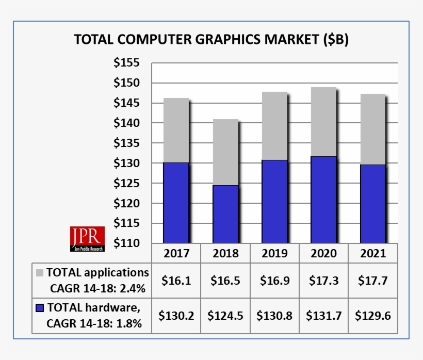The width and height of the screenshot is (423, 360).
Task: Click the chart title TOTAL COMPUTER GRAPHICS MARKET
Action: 211,40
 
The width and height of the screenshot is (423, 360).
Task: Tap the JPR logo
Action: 87,239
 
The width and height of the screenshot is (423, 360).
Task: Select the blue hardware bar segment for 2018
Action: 225,214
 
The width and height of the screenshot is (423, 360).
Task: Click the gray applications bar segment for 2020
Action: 323,122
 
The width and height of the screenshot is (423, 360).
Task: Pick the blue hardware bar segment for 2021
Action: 372,203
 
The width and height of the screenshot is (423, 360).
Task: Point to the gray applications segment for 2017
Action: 176,130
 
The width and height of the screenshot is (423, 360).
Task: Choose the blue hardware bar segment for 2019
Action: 274,201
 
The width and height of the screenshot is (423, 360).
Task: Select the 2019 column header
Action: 274,254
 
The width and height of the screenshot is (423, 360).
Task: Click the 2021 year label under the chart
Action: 372,254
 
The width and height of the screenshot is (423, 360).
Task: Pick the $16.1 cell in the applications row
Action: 176,281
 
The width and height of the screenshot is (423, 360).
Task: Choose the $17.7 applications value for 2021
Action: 372,281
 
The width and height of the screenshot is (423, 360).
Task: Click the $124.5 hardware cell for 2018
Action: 225,316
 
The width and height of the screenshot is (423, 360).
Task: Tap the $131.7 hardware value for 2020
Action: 323,316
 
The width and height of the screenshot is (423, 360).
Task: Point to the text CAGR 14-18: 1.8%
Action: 94,324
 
